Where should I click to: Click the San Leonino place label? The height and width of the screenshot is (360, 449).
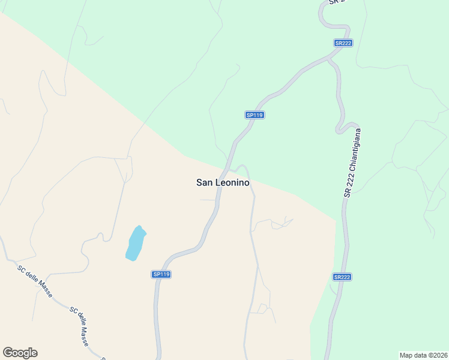(x=223, y=182)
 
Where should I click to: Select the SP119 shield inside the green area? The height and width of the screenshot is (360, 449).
(x=255, y=115)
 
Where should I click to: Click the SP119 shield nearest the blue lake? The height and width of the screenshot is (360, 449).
(x=161, y=274)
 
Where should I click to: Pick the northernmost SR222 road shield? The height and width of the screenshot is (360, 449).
(x=343, y=43)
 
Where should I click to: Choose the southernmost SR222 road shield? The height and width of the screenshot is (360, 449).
(x=342, y=277)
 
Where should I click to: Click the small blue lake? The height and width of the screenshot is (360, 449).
(x=136, y=243)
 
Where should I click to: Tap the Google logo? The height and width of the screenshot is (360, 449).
(x=20, y=353)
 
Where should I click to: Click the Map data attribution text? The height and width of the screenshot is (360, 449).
(x=423, y=355)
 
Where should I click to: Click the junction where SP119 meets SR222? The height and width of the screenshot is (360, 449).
(x=328, y=59)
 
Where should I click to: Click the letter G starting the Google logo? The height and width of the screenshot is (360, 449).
(x=8, y=353)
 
